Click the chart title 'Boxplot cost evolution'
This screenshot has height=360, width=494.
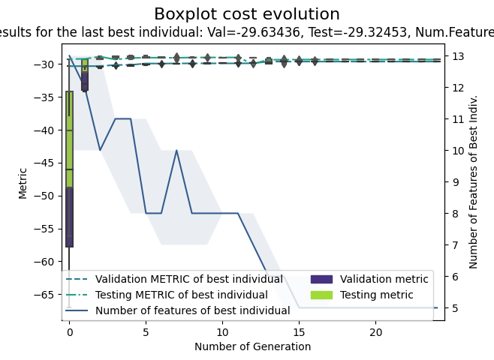click(246, 14)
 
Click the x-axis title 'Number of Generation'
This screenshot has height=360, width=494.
click(252, 346)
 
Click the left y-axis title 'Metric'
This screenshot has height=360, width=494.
click(23, 182)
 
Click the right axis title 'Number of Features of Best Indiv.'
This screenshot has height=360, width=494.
click(474, 182)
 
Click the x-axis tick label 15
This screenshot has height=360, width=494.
click(300, 331)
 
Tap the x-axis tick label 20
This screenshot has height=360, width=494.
click(376, 331)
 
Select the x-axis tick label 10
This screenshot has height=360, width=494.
click(222, 331)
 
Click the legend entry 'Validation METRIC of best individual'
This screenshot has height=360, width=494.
click(188, 280)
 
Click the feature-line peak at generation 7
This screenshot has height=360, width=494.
click(176, 151)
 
